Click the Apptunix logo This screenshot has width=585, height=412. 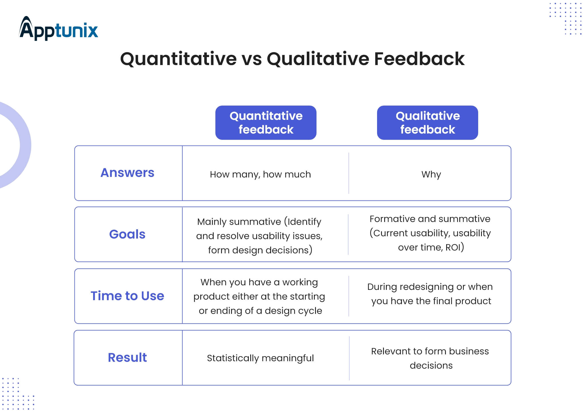59,28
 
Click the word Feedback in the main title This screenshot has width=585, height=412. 419,59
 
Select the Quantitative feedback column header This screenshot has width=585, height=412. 266,123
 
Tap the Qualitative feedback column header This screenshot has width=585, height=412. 428,123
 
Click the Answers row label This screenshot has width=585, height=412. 127,173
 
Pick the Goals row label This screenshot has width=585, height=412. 127,234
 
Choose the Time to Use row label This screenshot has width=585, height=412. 127,296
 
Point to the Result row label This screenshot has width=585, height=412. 127,358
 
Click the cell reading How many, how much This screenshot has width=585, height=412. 260,174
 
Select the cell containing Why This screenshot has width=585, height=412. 431,174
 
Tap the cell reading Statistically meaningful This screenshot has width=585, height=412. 260,358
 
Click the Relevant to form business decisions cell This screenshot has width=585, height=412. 430,358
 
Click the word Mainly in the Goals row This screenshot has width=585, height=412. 211,222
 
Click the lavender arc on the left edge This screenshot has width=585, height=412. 25,145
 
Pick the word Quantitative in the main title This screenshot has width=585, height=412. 179,59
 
